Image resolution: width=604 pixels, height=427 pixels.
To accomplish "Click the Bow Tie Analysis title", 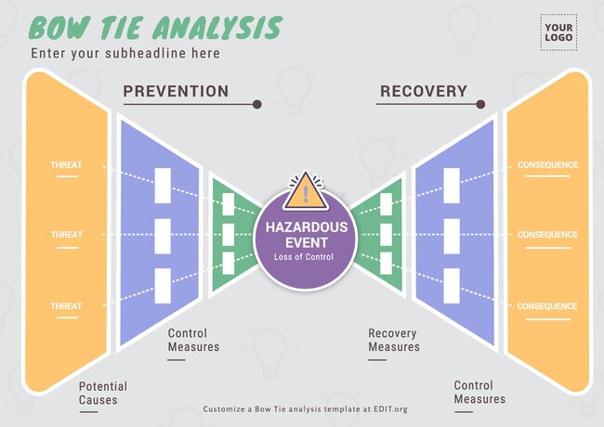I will point(155,28).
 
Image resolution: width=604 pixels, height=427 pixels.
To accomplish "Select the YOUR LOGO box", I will point(558,31).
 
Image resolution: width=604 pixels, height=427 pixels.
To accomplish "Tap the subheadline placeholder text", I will point(125,54).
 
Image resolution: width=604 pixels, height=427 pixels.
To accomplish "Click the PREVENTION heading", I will point(176,91).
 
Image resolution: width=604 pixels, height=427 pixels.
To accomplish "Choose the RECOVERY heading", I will point(423,91).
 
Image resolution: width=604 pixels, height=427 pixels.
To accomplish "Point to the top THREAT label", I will point(67,166).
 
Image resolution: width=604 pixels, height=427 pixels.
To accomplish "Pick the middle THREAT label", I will point(67,235).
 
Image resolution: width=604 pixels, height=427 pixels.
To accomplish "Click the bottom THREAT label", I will point(67,306).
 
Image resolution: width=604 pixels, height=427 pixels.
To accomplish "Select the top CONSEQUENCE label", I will point(547,166).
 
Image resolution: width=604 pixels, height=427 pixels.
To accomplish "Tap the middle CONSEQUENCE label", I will point(547,235).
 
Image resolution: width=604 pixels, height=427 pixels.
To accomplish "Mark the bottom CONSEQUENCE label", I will point(547,306).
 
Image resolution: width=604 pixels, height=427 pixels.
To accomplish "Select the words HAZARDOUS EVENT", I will point(307,234).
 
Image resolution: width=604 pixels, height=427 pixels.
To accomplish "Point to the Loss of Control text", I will point(304,257).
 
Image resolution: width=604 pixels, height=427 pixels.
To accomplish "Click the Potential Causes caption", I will point(102,394).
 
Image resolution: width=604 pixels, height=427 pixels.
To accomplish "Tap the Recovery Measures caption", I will point(394,341).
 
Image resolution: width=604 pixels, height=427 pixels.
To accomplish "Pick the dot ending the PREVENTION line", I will point(257,104).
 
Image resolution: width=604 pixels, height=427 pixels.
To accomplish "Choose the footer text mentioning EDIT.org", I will point(305,408).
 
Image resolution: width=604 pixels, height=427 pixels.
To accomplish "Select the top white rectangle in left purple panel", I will point(163,184).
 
